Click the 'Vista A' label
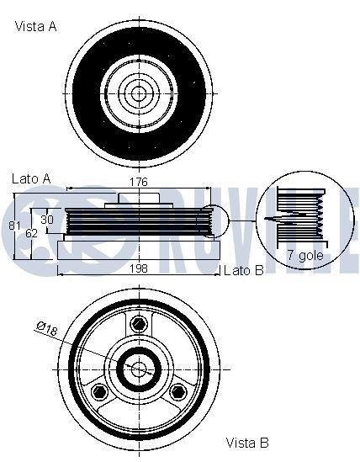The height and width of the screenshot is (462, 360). (x=36, y=27)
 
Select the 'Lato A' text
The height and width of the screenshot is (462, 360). (x=31, y=178)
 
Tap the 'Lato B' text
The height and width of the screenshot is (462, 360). (x=243, y=270)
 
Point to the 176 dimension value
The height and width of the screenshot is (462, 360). (x=139, y=182)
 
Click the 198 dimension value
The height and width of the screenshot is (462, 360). (x=139, y=268)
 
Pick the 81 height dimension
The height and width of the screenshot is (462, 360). (x=14, y=226)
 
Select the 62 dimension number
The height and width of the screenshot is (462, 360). (x=30, y=233)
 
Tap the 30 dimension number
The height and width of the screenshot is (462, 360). (x=47, y=219)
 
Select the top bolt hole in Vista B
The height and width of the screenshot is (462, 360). (x=137, y=323)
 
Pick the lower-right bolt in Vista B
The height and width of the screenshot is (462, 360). (x=176, y=390)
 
